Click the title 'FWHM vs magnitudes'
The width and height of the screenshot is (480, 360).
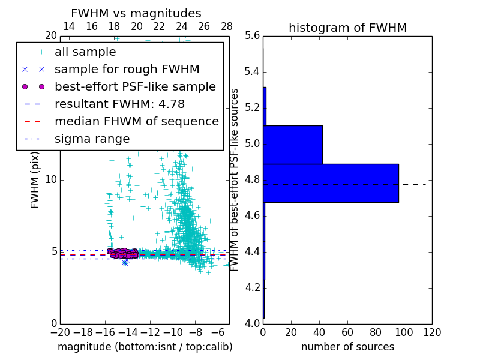click(136, 14)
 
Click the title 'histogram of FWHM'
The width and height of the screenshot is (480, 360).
click(347, 28)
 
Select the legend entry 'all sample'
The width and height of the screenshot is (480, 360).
click(85, 52)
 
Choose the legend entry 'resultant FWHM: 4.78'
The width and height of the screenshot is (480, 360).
click(119, 104)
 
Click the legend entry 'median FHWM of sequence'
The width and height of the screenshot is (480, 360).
click(136, 122)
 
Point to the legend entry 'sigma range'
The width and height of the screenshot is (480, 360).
click(92, 139)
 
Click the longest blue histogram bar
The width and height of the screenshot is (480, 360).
click(331, 183)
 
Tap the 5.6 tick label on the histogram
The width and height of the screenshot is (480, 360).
click(252, 36)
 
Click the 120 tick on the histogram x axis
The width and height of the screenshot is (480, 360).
click(431, 332)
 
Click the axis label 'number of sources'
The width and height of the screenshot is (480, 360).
click(347, 347)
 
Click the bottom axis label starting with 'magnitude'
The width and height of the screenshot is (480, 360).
click(145, 347)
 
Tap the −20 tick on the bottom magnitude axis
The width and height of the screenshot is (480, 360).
click(60, 332)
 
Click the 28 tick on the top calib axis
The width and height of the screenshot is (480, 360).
click(227, 26)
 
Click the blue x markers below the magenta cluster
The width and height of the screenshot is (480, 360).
click(125, 262)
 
